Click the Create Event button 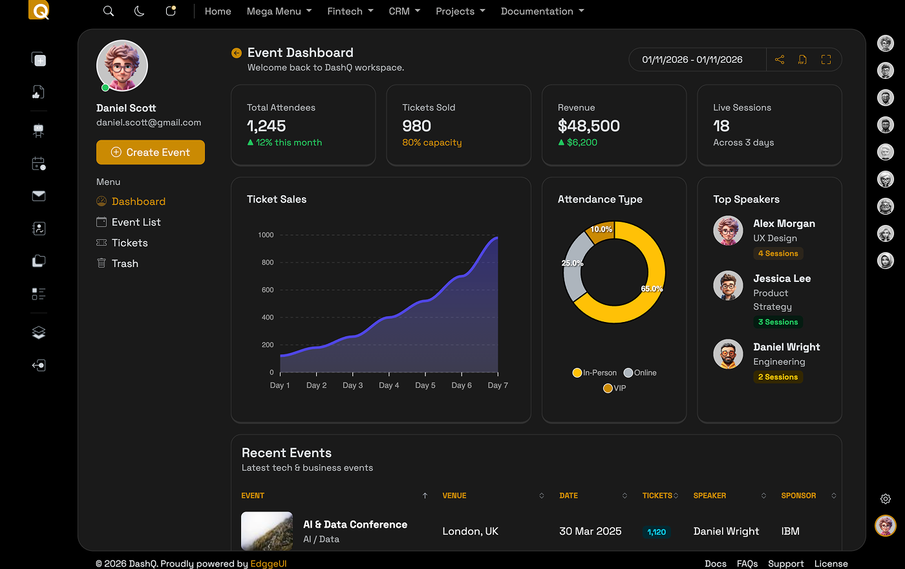click(x=151, y=153)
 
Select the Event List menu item click(x=136, y=222)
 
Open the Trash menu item click(x=124, y=264)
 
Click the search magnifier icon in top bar click(x=109, y=11)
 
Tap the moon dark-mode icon click(x=139, y=11)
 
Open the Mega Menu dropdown click(x=279, y=12)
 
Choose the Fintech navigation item click(x=350, y=12)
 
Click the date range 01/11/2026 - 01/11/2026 click(x=692, y=59)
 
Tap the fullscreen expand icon click(x=825, y=59)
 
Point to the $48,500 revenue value click(x=588, y=126)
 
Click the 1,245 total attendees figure click(x=266, y=126)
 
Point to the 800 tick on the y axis click(x=267, y=263)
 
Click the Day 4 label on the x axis click(x=389, y=385)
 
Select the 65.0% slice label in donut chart click(x=652, y=289)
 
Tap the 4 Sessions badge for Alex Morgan click(x=778, y=253)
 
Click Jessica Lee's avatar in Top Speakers click(x=728, y=285)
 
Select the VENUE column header click(x=454, y=496)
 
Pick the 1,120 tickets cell click(x=656, y=532)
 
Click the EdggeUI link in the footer click(x=268, y=564)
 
